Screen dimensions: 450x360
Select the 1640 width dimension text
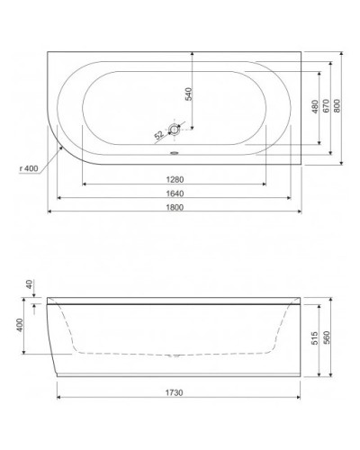point(175,191)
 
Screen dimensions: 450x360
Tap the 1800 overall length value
point(175,206)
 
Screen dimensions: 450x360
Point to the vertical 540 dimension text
point(188,94)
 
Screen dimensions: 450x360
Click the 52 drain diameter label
point(159,135)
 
